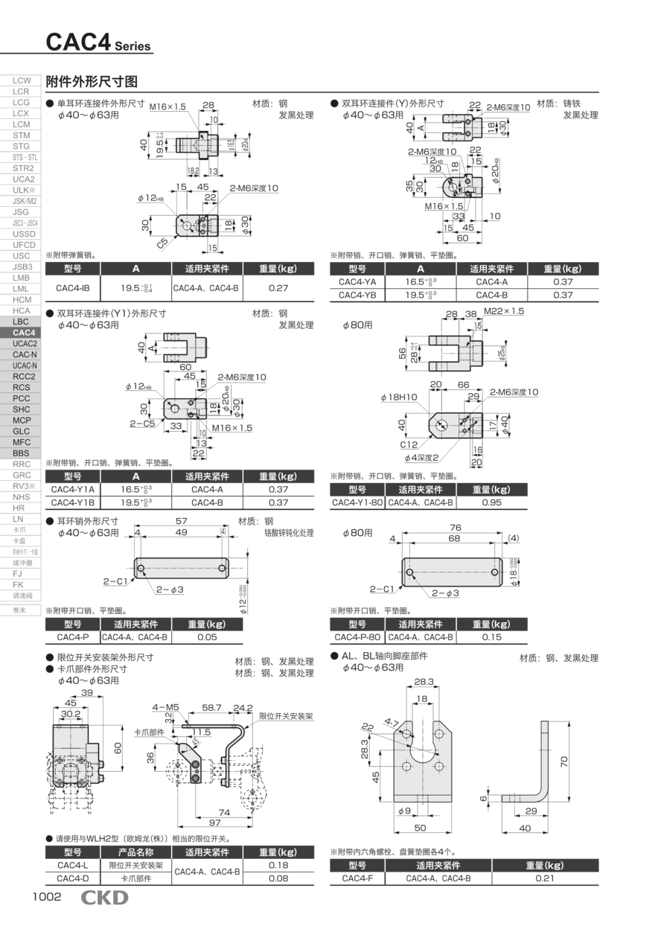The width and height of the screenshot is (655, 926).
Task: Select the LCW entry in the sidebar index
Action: tap(22, 80)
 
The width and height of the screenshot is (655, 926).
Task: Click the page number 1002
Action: tap(46, 897)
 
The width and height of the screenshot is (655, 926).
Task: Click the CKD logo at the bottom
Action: tap(104, 898)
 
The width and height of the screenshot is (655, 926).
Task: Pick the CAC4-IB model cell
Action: tap(73, 288)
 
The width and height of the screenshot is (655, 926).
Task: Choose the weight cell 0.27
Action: tap(278, 288)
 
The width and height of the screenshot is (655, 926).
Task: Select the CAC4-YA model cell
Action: tap(357, 282)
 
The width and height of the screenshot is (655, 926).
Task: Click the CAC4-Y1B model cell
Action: tap(72, 502)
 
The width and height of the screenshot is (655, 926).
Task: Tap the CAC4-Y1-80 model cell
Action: tap(357, 502)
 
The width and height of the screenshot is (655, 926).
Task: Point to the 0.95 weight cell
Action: tap(491, 502)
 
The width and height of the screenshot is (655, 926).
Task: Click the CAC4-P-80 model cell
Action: tap(357, 637)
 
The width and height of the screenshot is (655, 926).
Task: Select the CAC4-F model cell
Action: tap(357, 878)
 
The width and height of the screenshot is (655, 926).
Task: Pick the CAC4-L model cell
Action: tap(72, 865)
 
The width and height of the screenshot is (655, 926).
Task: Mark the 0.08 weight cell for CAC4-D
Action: tap(278, 878)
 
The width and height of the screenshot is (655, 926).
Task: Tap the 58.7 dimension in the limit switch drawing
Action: tap(212, 708)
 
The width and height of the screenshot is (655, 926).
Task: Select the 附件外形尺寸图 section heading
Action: tap(92, 81)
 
